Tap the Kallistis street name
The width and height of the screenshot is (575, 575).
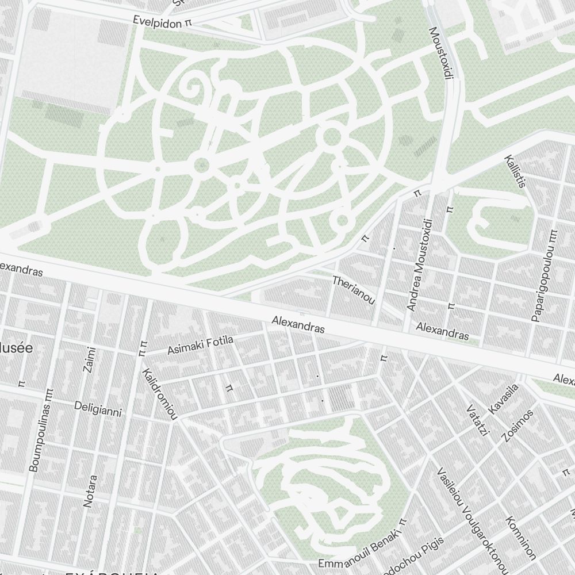tap(515, 171)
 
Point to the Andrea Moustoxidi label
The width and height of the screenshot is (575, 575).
tap(419, 264)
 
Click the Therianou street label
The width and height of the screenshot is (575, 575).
tap(354, 290)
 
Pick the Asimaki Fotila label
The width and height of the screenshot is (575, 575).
tap(200, 345)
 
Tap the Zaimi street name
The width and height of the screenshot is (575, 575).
tap(89, 359)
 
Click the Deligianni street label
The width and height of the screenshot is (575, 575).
tap(98, 408)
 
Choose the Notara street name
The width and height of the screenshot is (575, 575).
tap(90, 490)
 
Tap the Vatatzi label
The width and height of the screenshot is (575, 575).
tap(477, 420)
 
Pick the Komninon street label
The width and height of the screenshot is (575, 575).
tap(521, 538)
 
